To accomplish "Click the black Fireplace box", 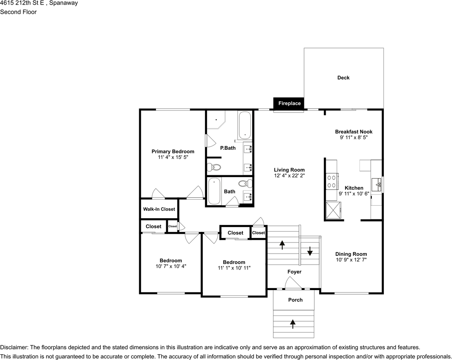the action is [288, 103].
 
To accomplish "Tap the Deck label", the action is [343, 78].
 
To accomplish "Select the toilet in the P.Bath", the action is [214, 167].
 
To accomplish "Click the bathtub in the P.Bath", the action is [245, 125].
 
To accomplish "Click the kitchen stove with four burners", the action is [332, 181].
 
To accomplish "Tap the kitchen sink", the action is [376, 185].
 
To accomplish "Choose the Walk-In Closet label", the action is [159, 209].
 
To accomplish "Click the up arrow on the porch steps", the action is [293, 324].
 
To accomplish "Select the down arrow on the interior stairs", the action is [310, 251].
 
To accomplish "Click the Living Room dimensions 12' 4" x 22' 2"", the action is [290, 175].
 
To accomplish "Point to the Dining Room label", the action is [351, 254].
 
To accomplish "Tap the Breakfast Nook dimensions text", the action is [354, 137].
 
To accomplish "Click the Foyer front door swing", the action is [293, 282].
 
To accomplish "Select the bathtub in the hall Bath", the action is [214, 191].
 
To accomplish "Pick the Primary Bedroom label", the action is [173, 151].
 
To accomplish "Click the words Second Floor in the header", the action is [18, 12].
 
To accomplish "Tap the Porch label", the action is [296, 300].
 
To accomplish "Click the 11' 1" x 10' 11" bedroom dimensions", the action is [234, 268].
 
